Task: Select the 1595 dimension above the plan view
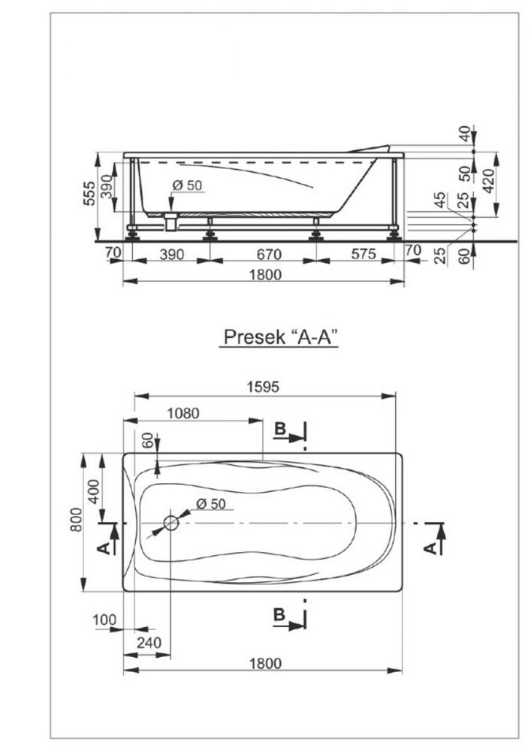click(x=263, y=387)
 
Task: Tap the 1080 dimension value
click(x=183, y=413)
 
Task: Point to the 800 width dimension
click(x=76, y=520)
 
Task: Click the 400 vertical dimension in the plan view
click(x=94, y=491)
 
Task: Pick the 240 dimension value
click(x=149, y=642)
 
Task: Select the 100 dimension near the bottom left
click(x=104, y=620)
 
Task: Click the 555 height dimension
click(x=89, y=193)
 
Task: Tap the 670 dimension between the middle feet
click(x=269, y=254)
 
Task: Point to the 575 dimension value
click(x=364, y=253)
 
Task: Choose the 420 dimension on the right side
click(x=488, y=180)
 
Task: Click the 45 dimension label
click(x=440, y=199)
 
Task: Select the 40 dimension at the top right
click(x=464, y=133)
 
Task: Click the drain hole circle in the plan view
click(x=171, y=523)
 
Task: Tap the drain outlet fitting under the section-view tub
click(x=170, y=222)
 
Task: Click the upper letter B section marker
click(x=280, y=429)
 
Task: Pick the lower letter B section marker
click(x=279, y=614)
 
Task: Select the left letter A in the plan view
click(x=103, y=549)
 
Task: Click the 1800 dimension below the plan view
click(x=265, y=663)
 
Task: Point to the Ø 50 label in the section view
click(x=187, y=185)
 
